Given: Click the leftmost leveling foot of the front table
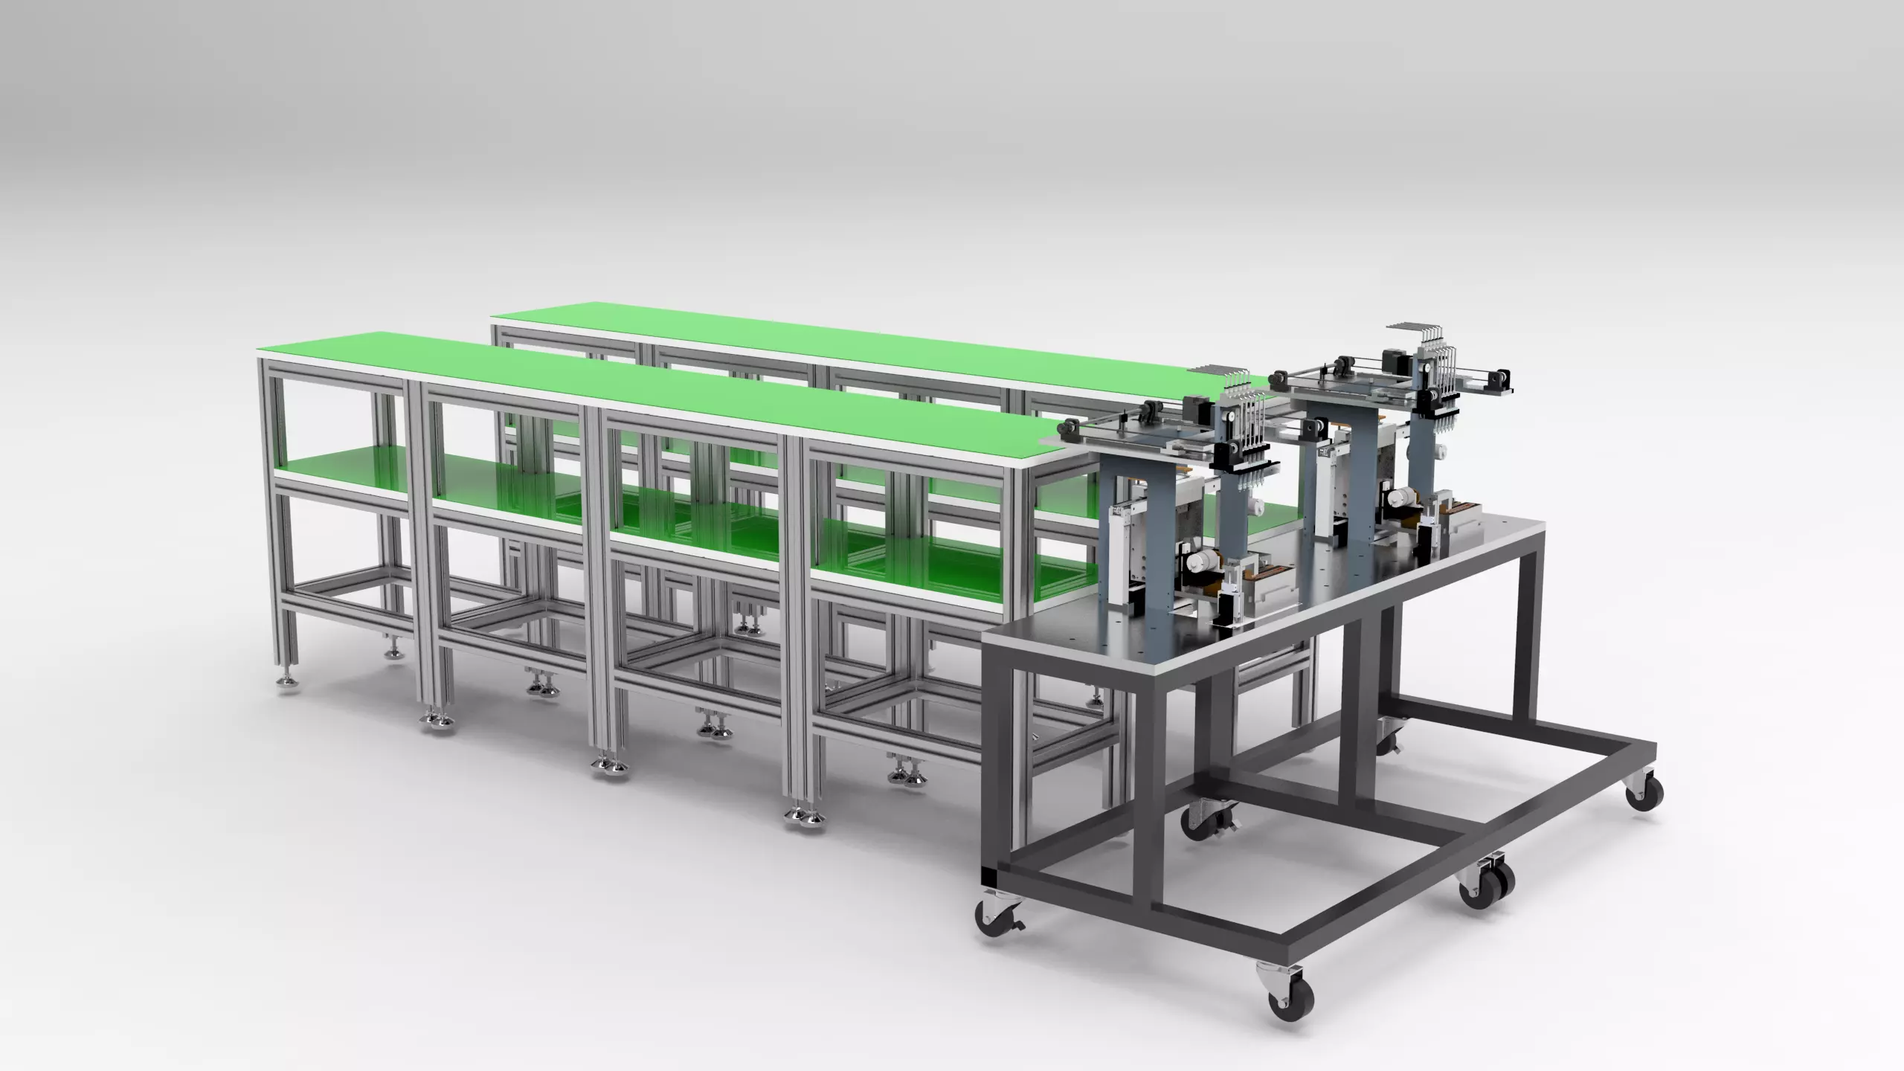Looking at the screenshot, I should pos(286,681).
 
